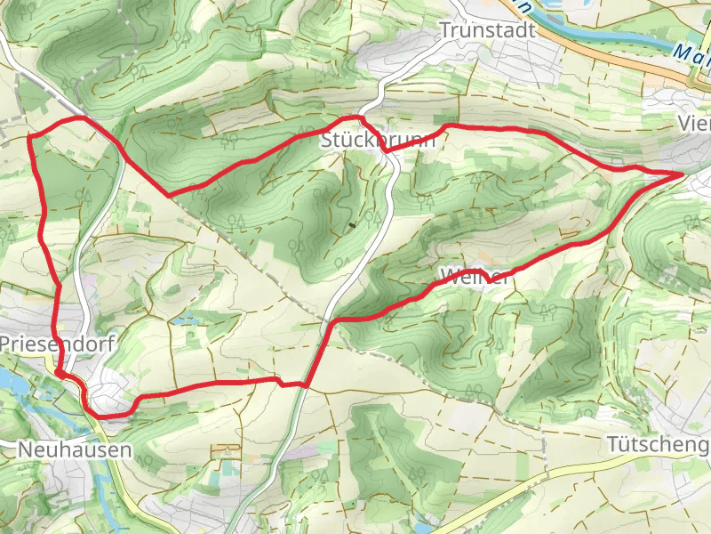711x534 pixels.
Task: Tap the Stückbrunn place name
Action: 379,141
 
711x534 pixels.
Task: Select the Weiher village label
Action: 475,277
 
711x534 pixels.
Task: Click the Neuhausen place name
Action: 75,450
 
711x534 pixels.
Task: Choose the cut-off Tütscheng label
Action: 659,442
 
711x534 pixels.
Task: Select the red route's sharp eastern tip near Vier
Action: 683,174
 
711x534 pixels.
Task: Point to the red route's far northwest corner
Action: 32,136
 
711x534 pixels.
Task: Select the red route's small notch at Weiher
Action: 487,280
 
